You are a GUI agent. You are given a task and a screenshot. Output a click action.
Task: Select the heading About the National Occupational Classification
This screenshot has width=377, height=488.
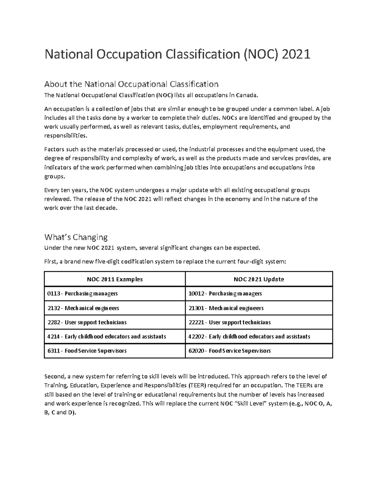pos(131,84)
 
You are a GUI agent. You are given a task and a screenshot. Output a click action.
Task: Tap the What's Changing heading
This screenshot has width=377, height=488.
pos(76,237)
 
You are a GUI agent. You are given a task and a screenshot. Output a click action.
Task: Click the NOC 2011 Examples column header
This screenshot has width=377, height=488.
pos(115,279)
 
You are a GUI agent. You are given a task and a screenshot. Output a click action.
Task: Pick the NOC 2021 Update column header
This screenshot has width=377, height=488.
pos(259,279)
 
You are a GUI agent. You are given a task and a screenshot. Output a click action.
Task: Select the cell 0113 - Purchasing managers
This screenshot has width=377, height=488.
pos(82,293)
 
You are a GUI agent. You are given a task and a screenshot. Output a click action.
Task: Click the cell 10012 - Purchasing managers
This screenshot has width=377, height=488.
pos(225,293)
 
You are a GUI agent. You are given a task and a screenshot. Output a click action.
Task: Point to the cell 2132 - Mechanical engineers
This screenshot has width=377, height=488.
pos(83,308)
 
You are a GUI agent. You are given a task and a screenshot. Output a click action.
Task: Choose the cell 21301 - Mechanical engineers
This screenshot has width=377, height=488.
pos(226,308)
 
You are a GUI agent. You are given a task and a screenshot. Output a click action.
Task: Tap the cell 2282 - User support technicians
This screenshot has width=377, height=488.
pos(87,322)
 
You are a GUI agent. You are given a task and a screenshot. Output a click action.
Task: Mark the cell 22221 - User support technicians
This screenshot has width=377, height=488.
pos(229,322)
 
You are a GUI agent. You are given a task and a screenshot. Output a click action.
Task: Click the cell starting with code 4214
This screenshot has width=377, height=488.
pos(107,337)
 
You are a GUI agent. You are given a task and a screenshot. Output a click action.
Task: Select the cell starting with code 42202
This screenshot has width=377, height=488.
pos(249,337)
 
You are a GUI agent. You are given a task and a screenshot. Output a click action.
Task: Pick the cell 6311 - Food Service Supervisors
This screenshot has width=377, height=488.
pos(87,351)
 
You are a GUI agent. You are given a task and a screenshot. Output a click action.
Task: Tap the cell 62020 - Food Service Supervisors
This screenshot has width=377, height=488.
pos(229,351)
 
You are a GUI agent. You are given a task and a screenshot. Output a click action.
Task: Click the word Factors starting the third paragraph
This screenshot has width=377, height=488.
pos(54,149)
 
